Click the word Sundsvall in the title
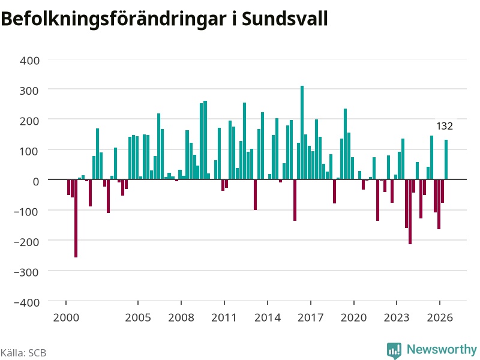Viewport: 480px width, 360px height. coord(284,19)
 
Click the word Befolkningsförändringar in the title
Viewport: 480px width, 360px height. coord(113,20)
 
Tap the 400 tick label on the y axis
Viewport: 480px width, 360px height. coord(29,61)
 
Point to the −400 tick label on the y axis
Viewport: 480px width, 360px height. coord(26,302)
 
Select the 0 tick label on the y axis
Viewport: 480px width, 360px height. coord(36,182)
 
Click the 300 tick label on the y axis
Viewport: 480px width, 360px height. coord(29,91)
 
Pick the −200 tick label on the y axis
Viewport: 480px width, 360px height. coord(26,242)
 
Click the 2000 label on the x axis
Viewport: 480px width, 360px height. coord(66,317)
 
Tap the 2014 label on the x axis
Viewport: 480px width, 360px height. coord(268,317)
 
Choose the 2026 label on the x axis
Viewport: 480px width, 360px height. coord(440,317)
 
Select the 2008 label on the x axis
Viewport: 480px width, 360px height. coord(181,317)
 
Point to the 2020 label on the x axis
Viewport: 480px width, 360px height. coord(354,317)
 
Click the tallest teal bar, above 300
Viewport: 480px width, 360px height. coord(302,133)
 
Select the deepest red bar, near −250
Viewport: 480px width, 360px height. coord(76,218)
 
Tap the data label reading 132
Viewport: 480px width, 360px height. coord(445,126)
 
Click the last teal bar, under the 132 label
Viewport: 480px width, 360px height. coord(446,160)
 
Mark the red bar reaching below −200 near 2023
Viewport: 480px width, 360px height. coord(410,212)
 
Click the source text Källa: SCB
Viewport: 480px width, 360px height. coord(23,353)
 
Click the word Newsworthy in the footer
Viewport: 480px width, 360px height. coord(442,349)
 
